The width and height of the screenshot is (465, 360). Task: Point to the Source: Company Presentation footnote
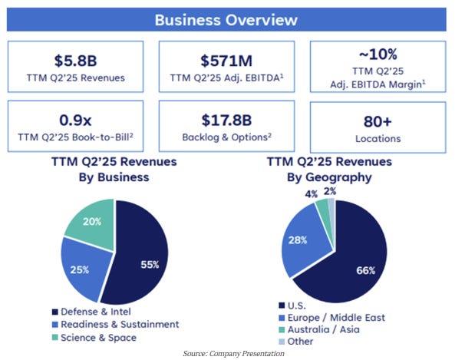234,353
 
